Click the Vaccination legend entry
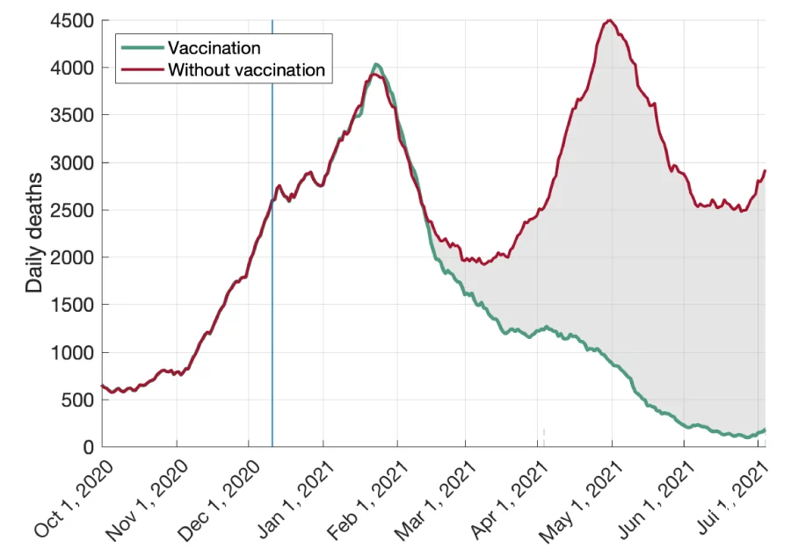214,47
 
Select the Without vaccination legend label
246,69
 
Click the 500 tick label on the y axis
79,400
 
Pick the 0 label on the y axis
89,447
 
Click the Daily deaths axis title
34,234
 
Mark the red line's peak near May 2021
610,20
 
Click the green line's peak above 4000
376,64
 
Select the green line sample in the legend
142,47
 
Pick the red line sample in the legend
142,69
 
